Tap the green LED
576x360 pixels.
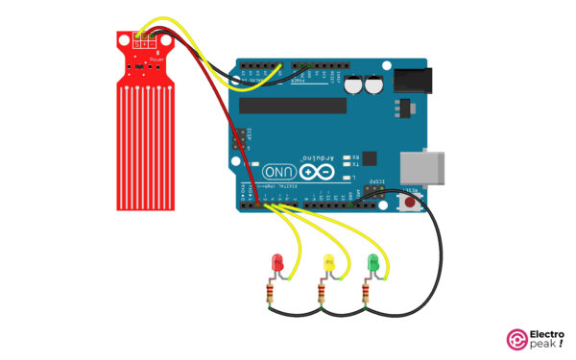coord(373,261)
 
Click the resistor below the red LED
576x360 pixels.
coord(273,292)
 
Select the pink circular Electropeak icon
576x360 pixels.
coord(516,342)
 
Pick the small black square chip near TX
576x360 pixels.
coord(371,158)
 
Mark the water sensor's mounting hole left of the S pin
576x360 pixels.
coord(123,40)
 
